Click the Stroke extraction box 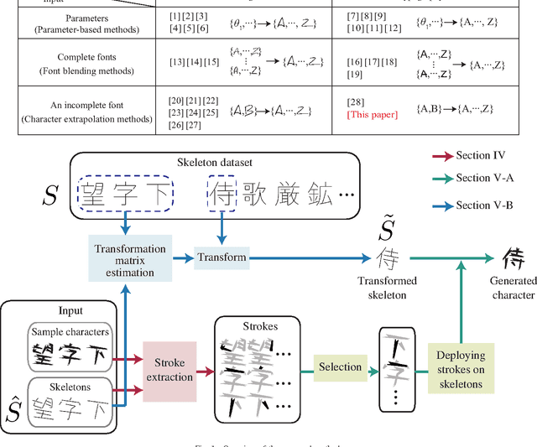(x=169, y=370)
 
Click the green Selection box (x=339, y=366)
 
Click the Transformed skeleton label (x=387, y=288)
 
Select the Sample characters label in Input (x=70, y=332)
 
